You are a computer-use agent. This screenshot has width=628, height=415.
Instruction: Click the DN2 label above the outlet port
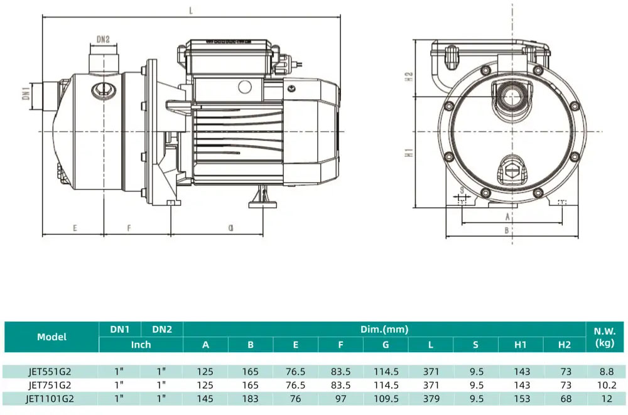pos(103,40)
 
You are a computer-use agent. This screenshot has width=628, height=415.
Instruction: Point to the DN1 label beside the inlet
pos(26,92)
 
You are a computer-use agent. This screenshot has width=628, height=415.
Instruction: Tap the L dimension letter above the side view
pos(191,11)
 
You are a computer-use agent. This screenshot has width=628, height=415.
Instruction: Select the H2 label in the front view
pos(409,77)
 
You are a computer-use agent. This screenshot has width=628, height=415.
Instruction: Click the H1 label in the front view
pos(409,152)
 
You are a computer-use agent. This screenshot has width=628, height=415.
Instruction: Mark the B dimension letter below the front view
pos(507,230)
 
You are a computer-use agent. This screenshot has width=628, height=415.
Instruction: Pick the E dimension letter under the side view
pos(75,228)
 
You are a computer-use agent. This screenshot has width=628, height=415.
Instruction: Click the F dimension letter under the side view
pos(129,228)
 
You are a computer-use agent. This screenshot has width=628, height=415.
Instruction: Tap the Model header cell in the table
pos(51,337)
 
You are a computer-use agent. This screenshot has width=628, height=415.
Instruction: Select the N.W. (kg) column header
pos(605,337)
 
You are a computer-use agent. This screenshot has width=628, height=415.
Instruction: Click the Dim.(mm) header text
pos(384,329)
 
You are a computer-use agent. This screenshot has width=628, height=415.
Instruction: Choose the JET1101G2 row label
pos(50,399)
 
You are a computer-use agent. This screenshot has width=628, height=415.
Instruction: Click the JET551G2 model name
pos(50,372)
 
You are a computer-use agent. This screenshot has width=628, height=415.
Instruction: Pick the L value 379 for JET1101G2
pos(431,399)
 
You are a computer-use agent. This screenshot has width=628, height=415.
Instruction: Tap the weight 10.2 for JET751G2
pos(607,385)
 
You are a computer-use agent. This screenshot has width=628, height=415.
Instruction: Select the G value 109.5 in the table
pos(386,399)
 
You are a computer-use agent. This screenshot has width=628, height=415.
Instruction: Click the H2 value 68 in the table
pos(566,399)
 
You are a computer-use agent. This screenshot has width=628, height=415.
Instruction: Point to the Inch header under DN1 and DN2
pos(141,345)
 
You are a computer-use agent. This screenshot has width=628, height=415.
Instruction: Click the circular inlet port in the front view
pos(511,96)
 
